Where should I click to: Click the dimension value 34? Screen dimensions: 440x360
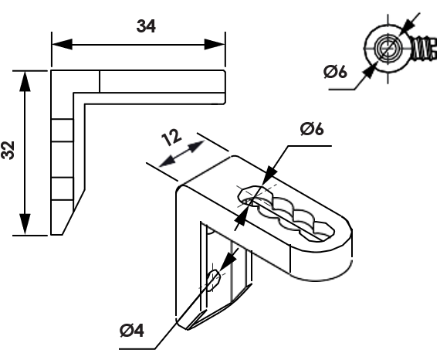pyautogui.click(x=146, y=27)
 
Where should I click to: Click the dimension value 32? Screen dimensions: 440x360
pyautogui.click(x=8, y=151)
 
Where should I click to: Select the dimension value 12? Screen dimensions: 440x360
pyautogui.click(x=171, y=138)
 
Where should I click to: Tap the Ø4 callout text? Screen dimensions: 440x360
pyautogui.click(x=132, y=331)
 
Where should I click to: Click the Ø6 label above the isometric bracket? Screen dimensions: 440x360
pyautogui.click(x=312, y=129)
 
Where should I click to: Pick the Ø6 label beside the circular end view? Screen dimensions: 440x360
pyautogui.click(x=335, y=72)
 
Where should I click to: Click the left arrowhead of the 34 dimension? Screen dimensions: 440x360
pyautogui.click(x=63, y=44)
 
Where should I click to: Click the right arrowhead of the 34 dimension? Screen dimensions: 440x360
pyautogui.click(x=215, y=44)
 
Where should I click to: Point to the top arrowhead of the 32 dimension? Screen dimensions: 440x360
pyautogui.click(x=25, y=81)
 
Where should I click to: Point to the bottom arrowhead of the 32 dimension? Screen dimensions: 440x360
pyautogui.click(x=25, y=224)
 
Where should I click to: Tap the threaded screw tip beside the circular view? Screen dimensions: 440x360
pyautogui.click(x=425, y=48)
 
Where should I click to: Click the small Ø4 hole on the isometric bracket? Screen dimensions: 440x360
pyautogui.click(x=214, y=280)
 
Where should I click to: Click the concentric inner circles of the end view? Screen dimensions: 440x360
pyautogui.click(x=388, y=48)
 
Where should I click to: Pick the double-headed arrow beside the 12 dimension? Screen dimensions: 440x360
pyautogui.click(x=181, y=155)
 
